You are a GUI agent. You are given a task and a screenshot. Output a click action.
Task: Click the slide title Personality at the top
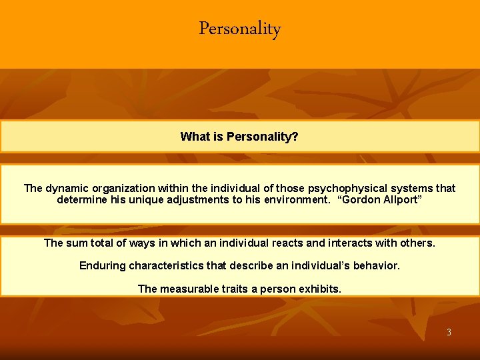coord(240,29)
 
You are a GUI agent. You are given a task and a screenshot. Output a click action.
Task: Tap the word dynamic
coord(67,188)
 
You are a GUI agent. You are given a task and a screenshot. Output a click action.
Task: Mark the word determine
coord(82,199)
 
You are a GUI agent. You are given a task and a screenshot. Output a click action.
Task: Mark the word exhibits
coord(319,289)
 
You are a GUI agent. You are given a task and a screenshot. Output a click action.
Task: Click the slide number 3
coord(449,332)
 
